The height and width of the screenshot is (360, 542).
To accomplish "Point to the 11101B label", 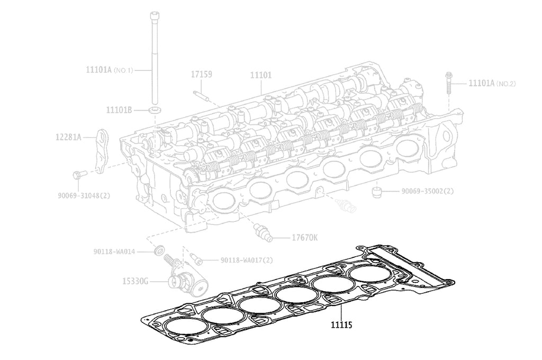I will (x=119, y=110).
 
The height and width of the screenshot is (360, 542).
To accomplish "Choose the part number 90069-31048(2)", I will (x=84, y=195).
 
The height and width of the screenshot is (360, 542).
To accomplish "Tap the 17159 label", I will (x=201, y=75).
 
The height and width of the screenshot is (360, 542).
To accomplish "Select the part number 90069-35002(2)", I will (x=427, y=191).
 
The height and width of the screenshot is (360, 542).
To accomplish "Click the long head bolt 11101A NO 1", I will (x=156, y=58).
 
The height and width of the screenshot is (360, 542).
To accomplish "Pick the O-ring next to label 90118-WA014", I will (x=158, y=250).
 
